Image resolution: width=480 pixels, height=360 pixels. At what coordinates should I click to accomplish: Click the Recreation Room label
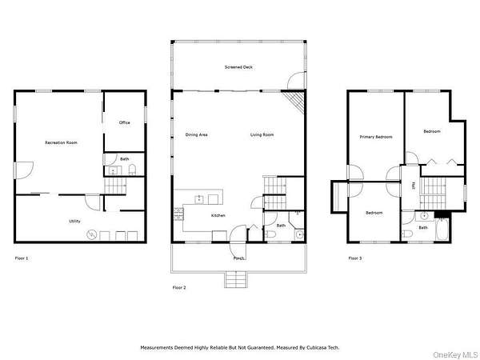tap(62, 142)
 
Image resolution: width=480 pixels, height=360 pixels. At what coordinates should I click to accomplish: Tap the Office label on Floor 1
tap(125, 122)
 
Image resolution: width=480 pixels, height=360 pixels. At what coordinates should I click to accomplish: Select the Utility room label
tap(74, 221)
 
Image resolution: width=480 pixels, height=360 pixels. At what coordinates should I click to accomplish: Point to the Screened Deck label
tap(238, 67)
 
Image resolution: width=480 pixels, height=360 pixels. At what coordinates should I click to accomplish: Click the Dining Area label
tap(197, 134)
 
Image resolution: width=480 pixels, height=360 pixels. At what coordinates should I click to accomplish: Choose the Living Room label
tap(262, 134)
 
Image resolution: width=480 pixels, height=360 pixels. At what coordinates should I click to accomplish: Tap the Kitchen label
tap(218, 215)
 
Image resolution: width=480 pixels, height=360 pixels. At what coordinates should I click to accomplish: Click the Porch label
tap(238, 258)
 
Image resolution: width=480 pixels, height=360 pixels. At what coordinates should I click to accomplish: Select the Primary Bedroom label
tap(376, 137)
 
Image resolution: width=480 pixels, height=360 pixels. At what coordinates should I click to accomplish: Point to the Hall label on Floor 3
tap(414, 186)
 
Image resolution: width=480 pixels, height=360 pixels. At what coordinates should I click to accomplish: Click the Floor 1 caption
tap(22, 258)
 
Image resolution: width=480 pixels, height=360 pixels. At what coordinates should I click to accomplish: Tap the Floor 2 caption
tap(179, 288)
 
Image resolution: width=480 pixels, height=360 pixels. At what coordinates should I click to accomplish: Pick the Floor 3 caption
tap(355, 258)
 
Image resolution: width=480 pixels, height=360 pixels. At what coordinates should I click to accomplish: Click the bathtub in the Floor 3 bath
tap(442, 230)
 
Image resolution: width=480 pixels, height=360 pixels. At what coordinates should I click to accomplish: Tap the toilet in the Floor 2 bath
tap(270, 234)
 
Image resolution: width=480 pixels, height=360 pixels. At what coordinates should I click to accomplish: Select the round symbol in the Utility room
tap(92, 234)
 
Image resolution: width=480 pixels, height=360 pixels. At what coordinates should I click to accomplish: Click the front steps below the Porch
tap(236, 279)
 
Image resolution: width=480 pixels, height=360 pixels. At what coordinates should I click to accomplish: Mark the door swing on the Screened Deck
tap(296, 81)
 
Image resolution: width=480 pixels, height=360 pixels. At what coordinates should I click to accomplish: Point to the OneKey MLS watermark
tap(456, 355)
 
